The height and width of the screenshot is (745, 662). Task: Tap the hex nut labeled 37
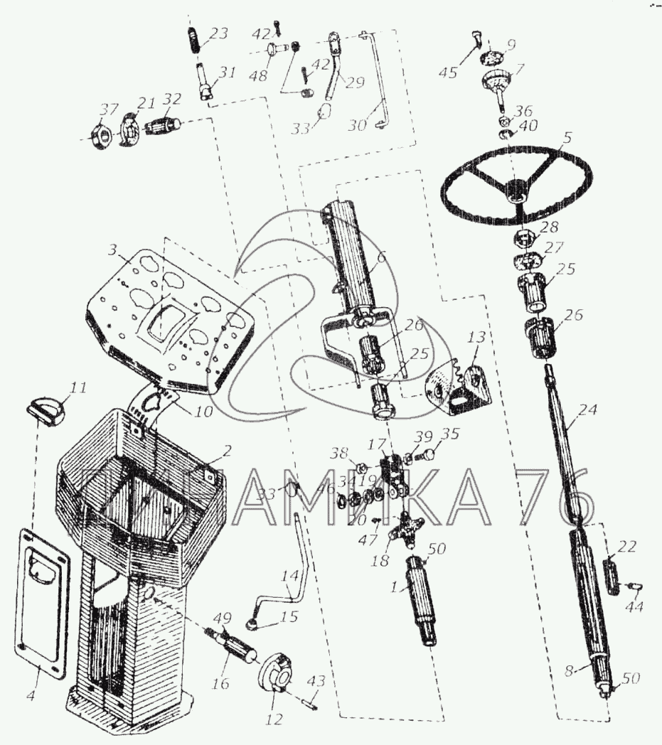(x=100, y=132)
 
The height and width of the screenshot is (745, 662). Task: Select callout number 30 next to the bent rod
(x=357, y=124)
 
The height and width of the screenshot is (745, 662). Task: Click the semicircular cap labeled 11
(x=47, y=411)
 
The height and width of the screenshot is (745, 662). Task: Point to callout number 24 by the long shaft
(x=588, y=409)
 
